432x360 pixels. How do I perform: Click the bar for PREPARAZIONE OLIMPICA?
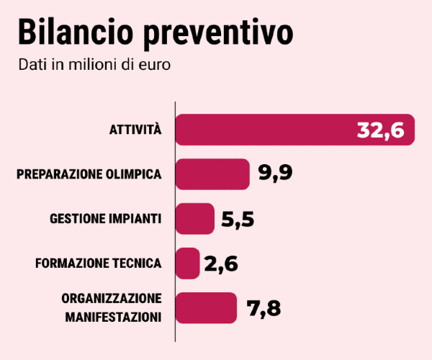(x=212, y=174)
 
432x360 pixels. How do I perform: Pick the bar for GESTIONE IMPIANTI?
(x=195, y=218)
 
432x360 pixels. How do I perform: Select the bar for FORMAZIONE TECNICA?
(x=187, y=263)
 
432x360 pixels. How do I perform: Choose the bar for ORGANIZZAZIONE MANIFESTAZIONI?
(x=206, y=307)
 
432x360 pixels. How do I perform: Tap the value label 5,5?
(x=238, y=219)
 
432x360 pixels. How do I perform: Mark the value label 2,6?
(x=221, y=264)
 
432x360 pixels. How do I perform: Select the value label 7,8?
(x=264, y=308)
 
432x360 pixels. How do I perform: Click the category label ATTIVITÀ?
(x=135, y=130)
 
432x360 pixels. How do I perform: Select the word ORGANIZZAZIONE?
(x=111, y=299)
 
